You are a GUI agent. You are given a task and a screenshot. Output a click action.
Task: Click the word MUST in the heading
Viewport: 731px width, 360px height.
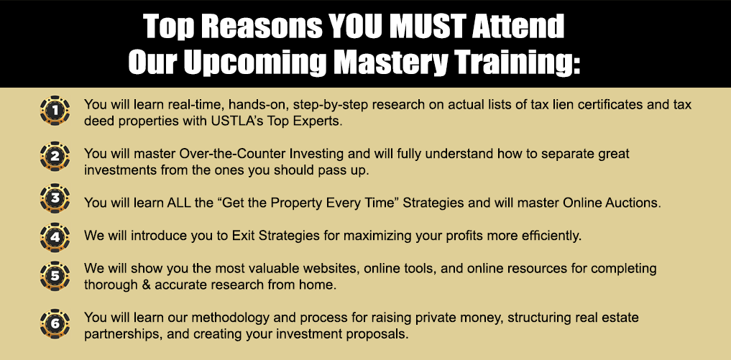[x=428, y=26]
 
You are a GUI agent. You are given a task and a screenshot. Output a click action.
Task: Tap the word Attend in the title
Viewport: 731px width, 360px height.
[x=518, y=26]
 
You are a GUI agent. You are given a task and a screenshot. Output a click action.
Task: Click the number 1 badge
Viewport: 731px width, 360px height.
[x=55, y=111]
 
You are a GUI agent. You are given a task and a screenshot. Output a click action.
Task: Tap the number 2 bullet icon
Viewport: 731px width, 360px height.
[x=55, y=156]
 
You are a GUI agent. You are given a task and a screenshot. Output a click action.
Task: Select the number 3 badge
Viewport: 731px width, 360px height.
[x=55, y=198]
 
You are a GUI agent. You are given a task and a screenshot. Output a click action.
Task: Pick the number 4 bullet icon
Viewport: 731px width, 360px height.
[x=55, y=237]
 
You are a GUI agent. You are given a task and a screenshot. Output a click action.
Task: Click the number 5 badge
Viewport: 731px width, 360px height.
[x=55, y=276]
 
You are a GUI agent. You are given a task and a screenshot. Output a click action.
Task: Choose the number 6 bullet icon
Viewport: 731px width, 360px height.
[x=55, y=323]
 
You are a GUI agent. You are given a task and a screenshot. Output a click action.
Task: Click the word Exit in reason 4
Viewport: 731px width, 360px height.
[x=243, y=236]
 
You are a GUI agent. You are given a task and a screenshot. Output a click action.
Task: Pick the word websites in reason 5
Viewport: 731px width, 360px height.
[x=331, y=269]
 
